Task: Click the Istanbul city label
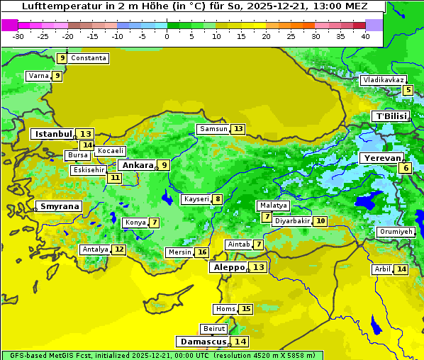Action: [53, 133]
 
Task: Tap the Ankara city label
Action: [137, 165]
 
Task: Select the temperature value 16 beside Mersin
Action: [202, 252]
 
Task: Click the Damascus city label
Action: [203, 342]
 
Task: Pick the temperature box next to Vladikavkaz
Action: [408, 90]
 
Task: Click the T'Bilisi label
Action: [391, 116]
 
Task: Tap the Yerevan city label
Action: [381, 158]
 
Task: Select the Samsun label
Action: [213, 129]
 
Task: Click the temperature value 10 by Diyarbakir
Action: [321, 221]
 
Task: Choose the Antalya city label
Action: [95, 249]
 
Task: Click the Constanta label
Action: [89, 58]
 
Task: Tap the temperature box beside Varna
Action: [57, 76]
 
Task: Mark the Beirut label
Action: [213, 329]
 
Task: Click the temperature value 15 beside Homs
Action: [246, 309]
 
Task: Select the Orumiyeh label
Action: [395, 232]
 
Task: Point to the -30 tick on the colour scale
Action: [18, 35]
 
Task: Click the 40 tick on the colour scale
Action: [365, 35]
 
